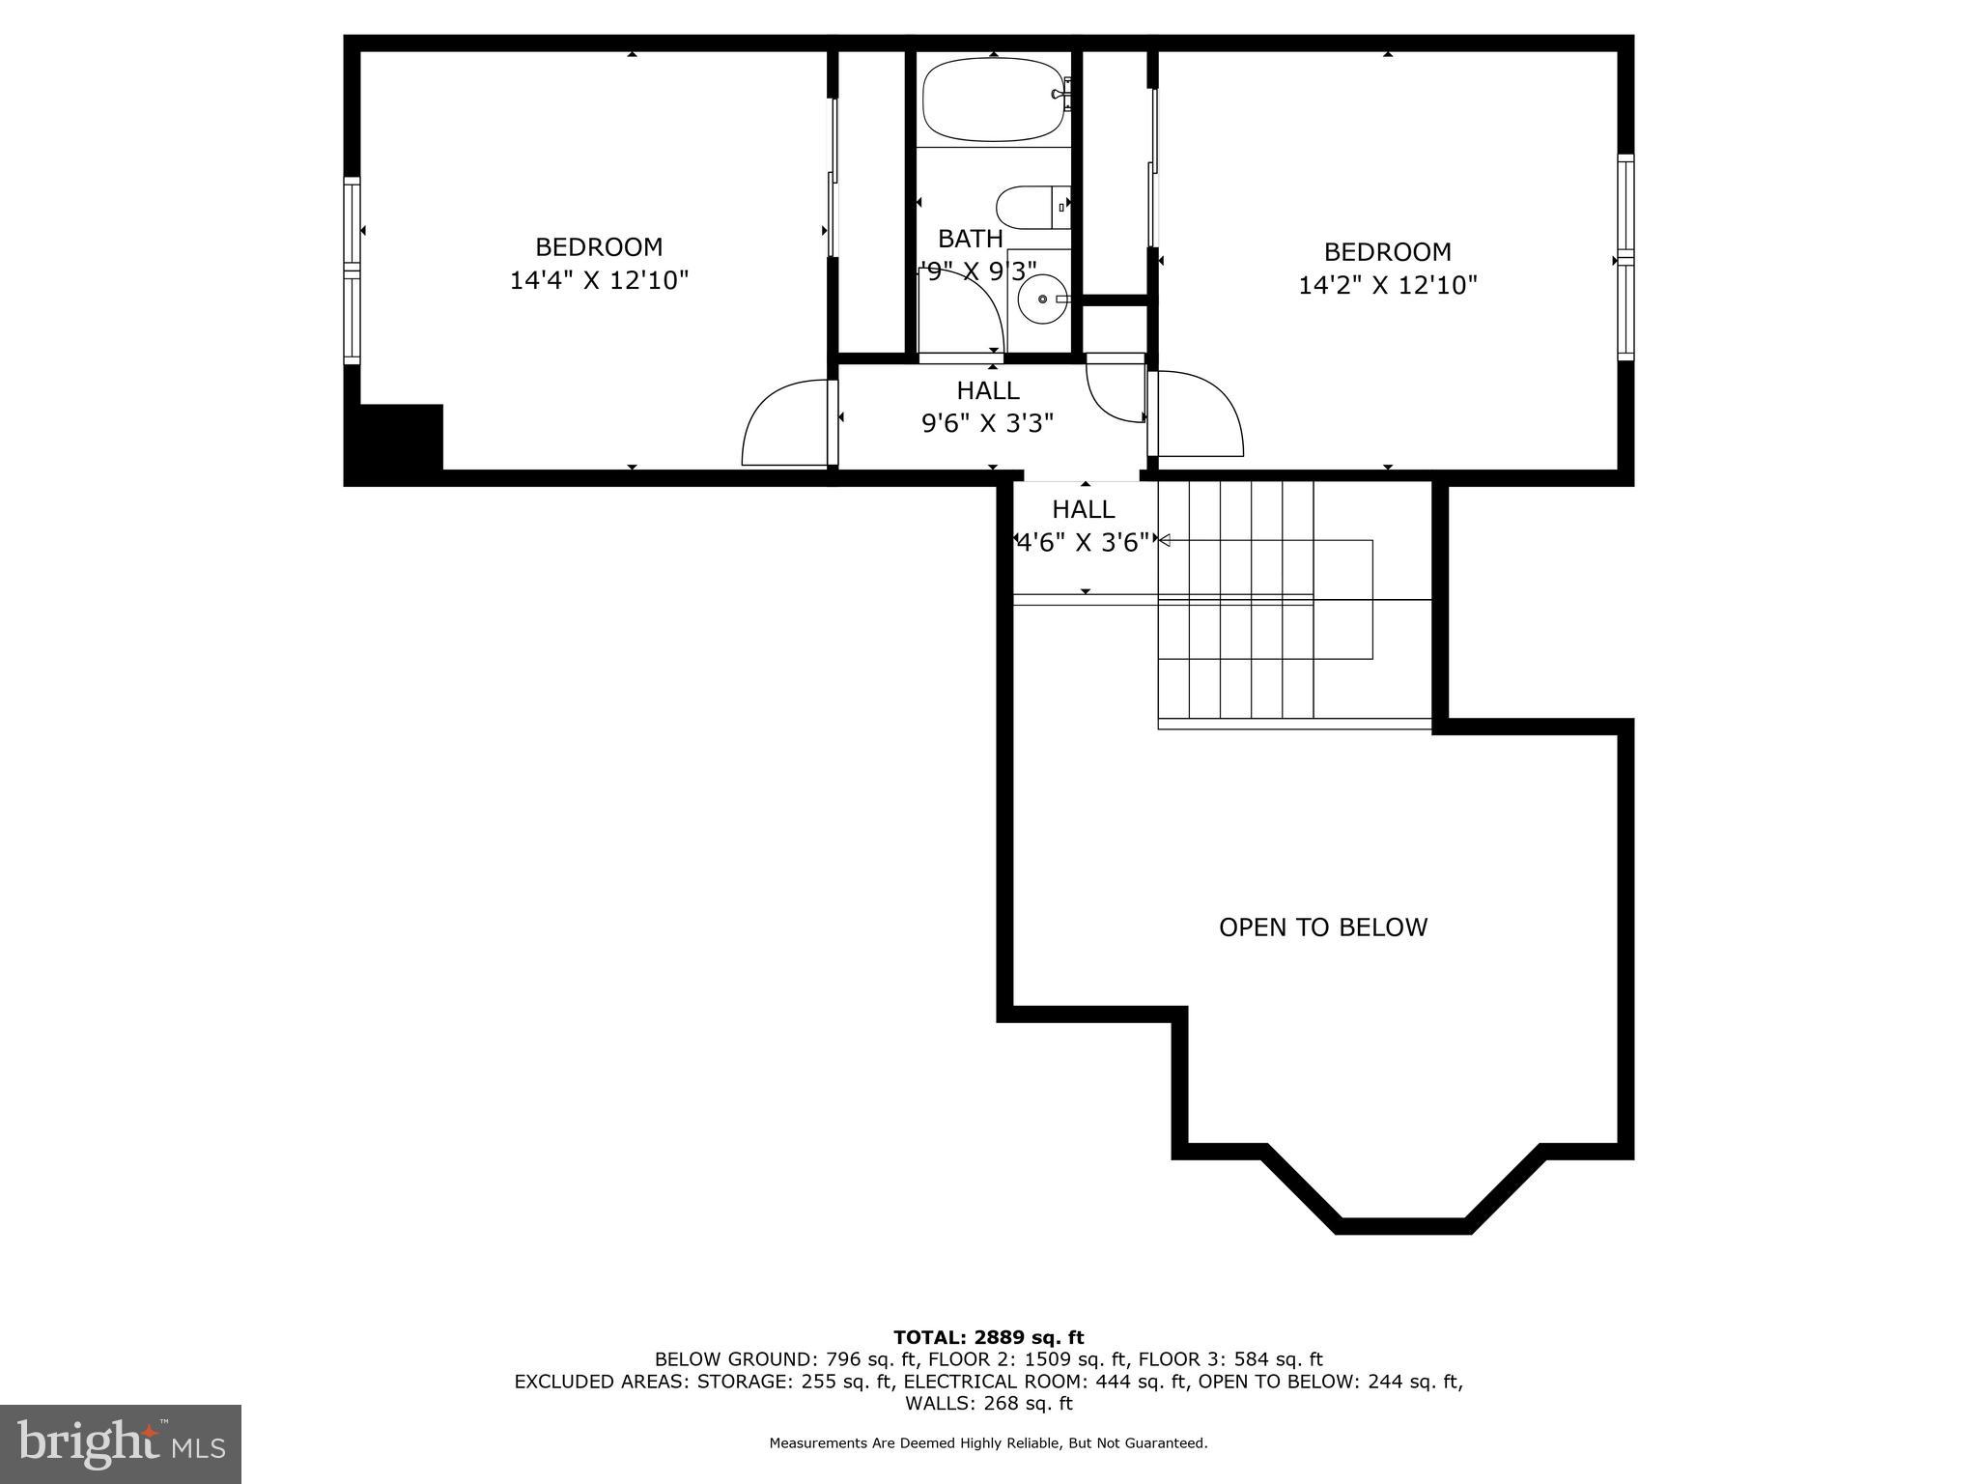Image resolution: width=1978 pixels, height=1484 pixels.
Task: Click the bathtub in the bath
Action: click(x=995, y=100)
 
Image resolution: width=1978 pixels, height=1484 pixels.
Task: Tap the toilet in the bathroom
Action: click(x=1031, y=208)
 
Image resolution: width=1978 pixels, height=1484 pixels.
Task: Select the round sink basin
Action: click(x=1043, y=300)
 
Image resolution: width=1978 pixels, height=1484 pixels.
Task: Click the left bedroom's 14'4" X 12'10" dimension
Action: click(x=599, y=281)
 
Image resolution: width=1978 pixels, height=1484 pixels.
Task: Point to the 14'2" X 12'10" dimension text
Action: click(x=1388, y=286)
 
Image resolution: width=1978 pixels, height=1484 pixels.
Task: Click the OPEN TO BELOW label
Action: click(x=1322, y=927)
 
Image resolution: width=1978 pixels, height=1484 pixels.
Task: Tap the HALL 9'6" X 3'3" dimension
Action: click(x=987, y=423)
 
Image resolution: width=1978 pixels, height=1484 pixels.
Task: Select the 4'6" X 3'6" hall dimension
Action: click(x=1084, y=543)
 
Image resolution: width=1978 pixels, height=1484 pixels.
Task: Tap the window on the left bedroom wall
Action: click(x=353, y=271)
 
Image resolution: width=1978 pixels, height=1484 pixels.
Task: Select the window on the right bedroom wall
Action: click(x=1626, y=258)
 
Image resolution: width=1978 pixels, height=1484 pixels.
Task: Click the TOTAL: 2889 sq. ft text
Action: click(x=988, y=1337)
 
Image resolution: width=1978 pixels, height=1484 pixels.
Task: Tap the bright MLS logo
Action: click(x=121, y=1443)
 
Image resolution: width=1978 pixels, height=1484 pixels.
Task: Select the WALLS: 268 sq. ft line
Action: click(x=988, y=1404)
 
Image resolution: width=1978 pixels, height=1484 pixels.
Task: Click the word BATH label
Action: click(x=970, y=239)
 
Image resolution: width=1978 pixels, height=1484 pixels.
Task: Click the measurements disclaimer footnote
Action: click(x=988, y=1443)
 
